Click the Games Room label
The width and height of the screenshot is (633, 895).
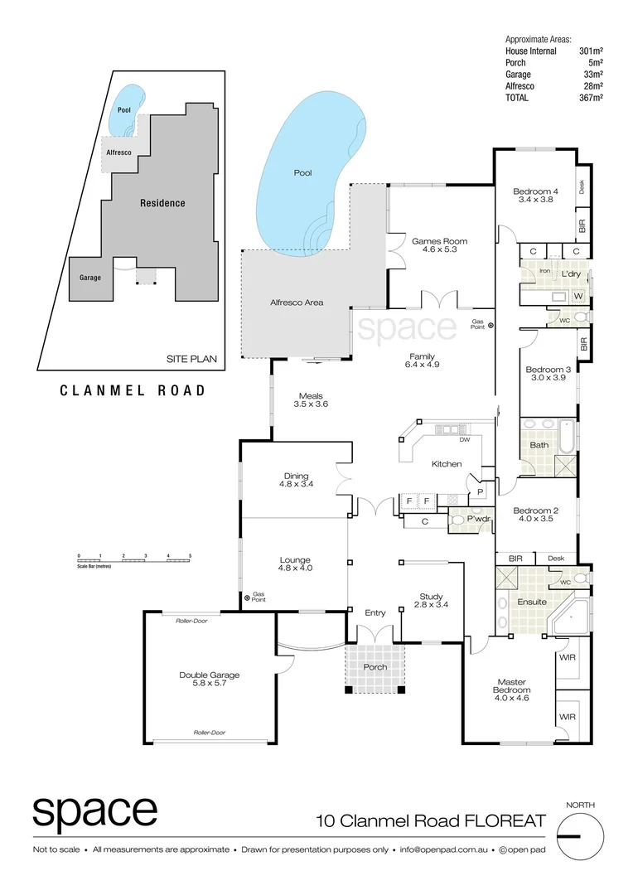[x=439, y=241]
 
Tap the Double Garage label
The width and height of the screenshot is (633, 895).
[x=209, y=675]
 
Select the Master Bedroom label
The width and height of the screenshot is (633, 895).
[x=511, y=685]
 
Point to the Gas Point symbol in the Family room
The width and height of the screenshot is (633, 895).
[x=490, y=326]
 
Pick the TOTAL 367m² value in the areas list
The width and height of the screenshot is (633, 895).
[x=590, y=97]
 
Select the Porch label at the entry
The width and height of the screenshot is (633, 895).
[x=375, y=667]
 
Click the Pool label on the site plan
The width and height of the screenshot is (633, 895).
[x=124, y=110]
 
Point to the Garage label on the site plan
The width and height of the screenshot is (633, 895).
[x=90, y=278]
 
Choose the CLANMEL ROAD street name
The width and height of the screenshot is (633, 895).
[x=133, y=390]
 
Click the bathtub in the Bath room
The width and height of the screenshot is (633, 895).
[x=567, y=437]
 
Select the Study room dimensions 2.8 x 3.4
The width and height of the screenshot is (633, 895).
[x=431, y=605]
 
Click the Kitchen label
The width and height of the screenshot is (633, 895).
[x=446, y=464]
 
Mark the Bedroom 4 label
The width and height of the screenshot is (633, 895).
[x=535, y=191]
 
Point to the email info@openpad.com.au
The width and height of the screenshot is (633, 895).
[x=443, y=850]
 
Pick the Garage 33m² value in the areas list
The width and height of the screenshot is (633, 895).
[x=590, y=74]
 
